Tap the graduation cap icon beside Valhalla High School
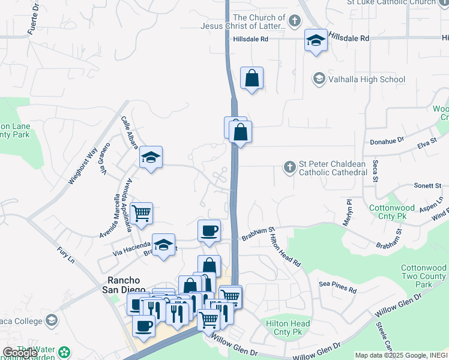click(319, 79)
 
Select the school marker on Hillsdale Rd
click(316, 41)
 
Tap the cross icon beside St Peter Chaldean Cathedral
click(290, 167)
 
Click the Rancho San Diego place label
click(124, 285)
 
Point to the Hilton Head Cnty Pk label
click(288, 328)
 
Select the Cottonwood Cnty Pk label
click(393, 212)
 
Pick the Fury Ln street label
click(66, 255)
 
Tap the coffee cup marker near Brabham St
click(209, 231)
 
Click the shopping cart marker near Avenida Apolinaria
click(142, 213)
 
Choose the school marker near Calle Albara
click(151, 158)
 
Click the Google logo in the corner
click(19, 353)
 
